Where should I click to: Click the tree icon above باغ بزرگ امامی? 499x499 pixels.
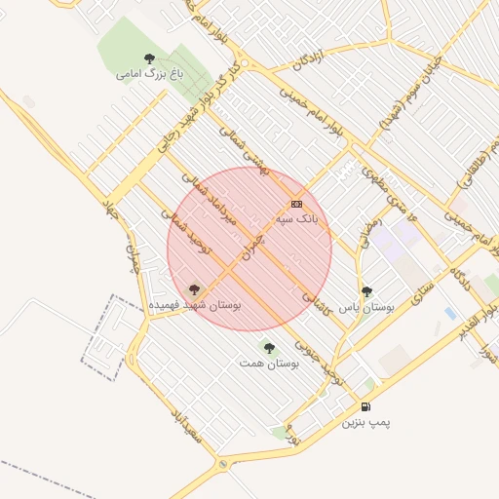[x=149, y=58]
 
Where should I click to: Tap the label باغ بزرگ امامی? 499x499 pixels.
[x=149, y=73]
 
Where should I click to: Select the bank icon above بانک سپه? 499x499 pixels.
[x=296, y=204]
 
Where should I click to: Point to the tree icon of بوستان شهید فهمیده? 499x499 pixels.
[x=193, y=289]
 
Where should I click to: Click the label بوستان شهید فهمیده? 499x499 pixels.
[x=195, y=305]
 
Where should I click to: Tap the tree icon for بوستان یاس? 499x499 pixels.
[x=366, y=291]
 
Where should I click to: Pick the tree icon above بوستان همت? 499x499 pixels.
[x=269, y=348]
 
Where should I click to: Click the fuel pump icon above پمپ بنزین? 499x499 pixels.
[x=365, y=406]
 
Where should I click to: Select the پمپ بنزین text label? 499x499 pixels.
[x=365, y=423]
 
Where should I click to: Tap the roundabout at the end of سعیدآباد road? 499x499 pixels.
[x=224, y=464]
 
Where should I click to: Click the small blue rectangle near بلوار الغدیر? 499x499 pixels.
[x=449, y=313]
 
